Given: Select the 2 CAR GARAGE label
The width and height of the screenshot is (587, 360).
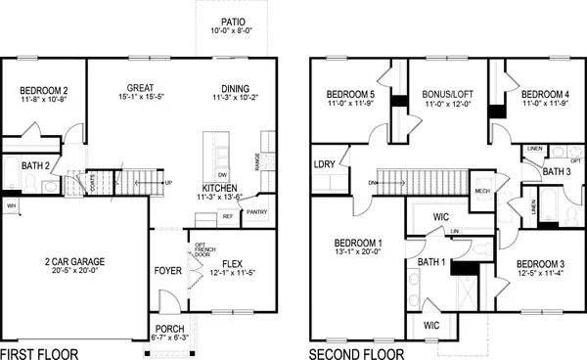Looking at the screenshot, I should pos(74,262).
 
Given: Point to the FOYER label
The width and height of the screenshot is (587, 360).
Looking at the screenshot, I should pos(167,270).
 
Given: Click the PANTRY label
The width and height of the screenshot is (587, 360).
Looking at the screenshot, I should pos(257,212).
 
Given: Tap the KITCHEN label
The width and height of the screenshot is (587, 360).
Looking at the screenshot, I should pos(223,187).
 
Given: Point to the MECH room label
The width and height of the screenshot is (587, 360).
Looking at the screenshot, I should pos(482,191).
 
